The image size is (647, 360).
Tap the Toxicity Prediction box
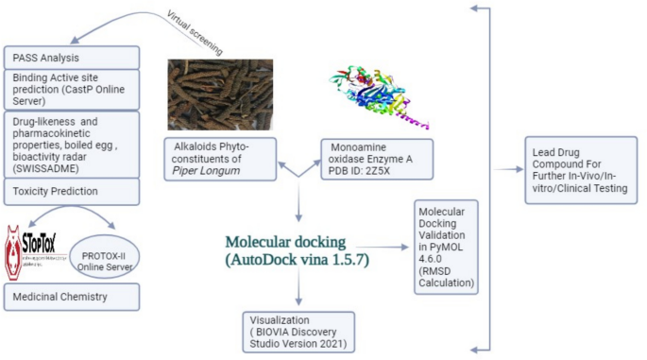[x=72, y=192]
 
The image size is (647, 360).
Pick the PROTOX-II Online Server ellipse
[x=100, y=255]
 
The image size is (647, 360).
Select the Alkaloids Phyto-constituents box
[x=219, y=158]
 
